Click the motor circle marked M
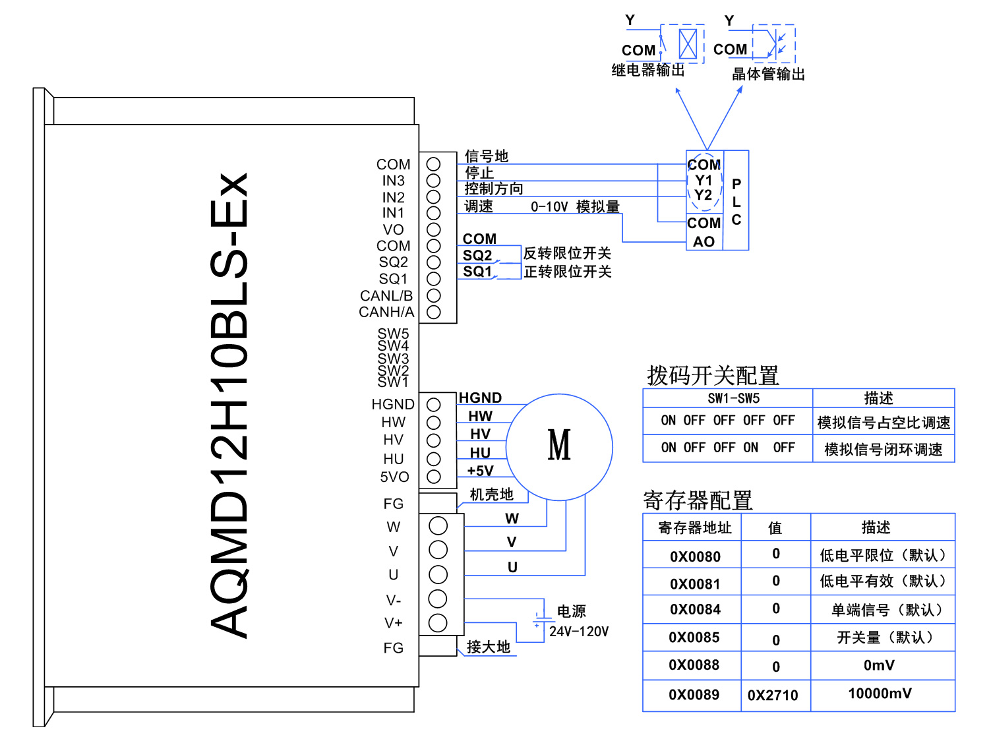[x=559, y=447]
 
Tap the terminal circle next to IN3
[x=433, y=181]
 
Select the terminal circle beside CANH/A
[x=433, y=312]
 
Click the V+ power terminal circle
[x=438, y=622]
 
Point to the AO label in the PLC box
[x=704, y=241]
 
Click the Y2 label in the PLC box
[x=704, y=195]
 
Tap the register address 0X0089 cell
[x=694, y=695]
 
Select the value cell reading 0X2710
[x=773, y=695]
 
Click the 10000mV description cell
[x=880, y=694]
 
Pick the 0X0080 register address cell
[x=695, y=556]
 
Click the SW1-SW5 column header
[x=733, y=398]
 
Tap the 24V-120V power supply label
[x=579, y=632]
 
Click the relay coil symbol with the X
[x=688, y=44]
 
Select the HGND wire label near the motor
[x=480, y=398]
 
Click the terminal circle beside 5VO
[x=433, y=477]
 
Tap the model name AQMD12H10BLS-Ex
[x=228, y=405]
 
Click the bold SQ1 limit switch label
[x=477, y=272]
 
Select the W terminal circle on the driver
[x=438, y=525]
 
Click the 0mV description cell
[x=880, y=665]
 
